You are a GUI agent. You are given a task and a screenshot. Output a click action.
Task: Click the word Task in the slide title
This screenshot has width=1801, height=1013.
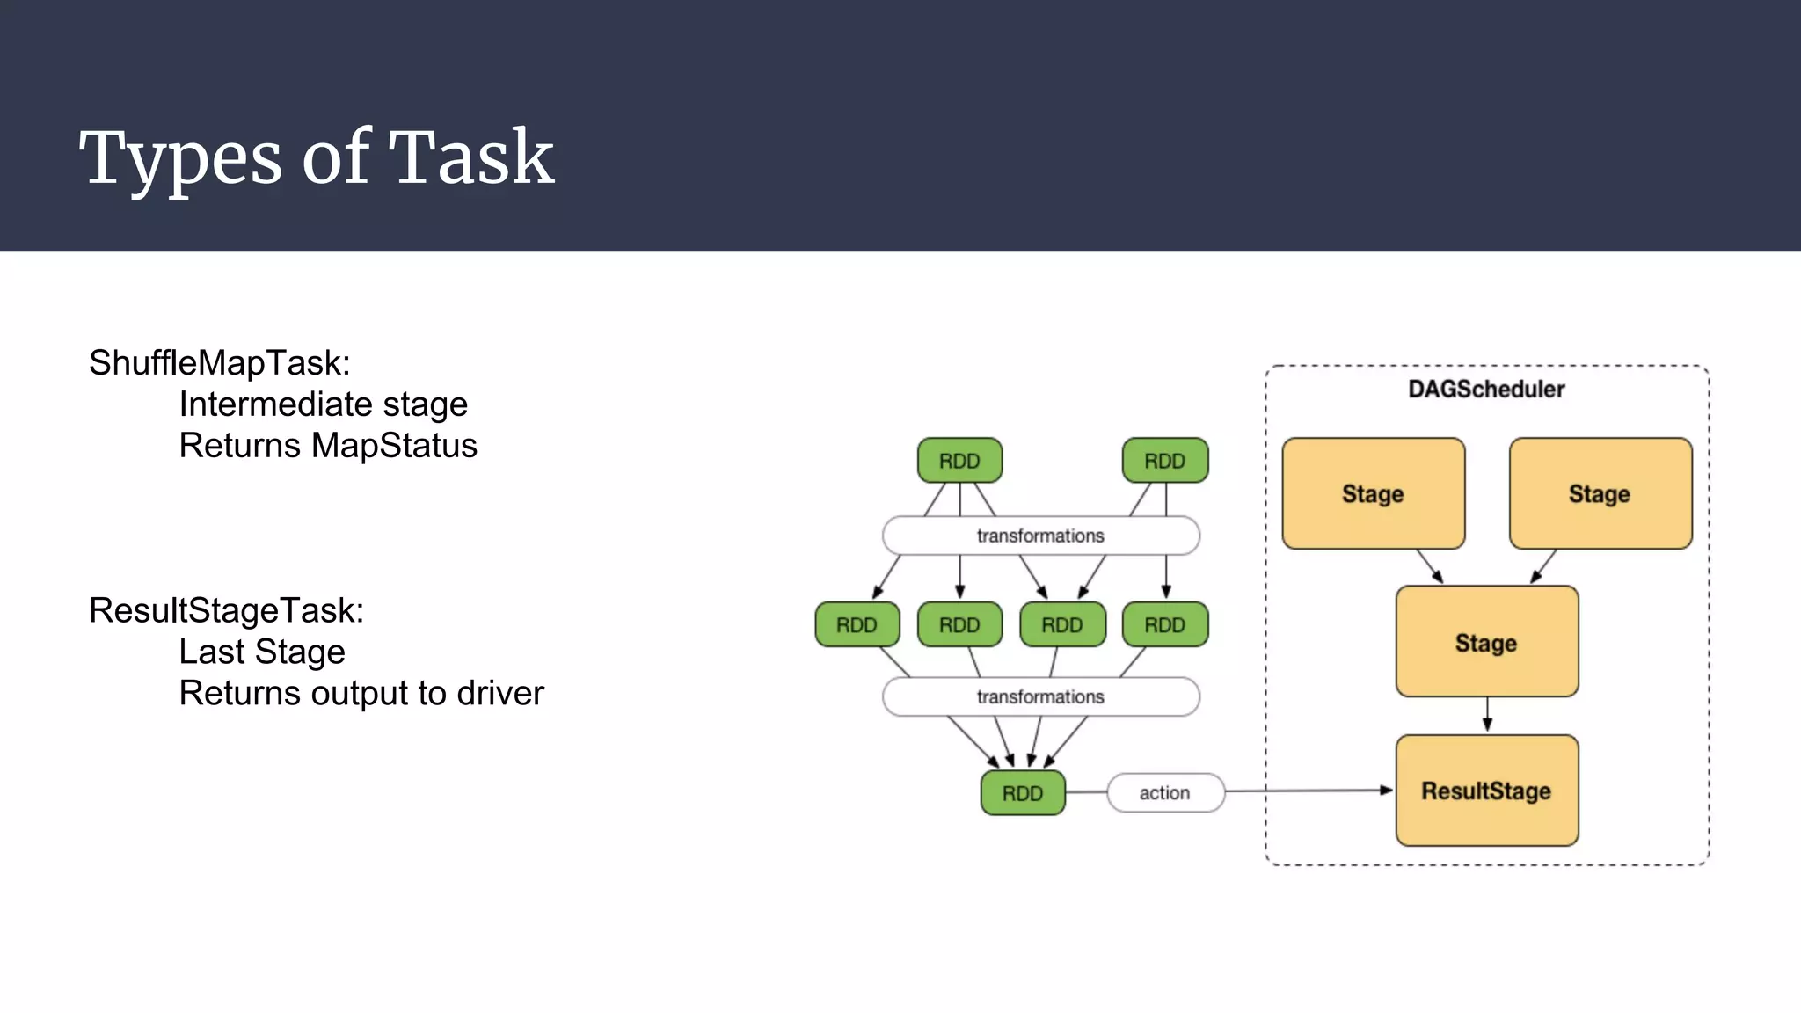[471, 157]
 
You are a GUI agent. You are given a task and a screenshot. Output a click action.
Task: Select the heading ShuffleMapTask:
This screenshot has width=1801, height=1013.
[220, 363]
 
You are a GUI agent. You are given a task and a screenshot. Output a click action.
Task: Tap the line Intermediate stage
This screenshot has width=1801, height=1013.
[323, 404]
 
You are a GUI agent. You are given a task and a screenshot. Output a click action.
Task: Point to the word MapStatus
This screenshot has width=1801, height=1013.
[395, 446]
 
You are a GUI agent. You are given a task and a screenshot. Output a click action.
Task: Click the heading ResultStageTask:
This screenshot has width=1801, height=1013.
[226, 611]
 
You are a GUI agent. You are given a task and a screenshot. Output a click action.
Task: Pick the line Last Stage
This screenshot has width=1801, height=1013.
[262, 652]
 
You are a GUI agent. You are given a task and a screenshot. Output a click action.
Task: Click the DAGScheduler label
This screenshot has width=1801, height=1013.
[1486, 390]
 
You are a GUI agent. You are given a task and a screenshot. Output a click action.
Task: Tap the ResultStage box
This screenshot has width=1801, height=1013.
[1486, 791]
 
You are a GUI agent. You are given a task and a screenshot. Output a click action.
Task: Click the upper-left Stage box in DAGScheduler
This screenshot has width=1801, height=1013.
[1373, 493]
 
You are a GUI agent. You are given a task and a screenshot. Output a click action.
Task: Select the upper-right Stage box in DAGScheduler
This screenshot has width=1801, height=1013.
[1600, 493]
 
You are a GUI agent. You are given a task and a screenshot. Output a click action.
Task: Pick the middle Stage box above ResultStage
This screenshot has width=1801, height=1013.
[1486, 642]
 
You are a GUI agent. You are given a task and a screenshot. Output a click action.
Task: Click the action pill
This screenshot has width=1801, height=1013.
[1164, 793]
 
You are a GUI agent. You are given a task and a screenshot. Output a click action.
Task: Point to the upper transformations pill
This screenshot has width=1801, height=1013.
[1040, 536]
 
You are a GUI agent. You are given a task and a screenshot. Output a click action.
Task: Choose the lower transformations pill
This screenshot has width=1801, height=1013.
[1040, 696]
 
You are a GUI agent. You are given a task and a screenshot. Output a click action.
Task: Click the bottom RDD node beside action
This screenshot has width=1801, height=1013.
[1022, 793]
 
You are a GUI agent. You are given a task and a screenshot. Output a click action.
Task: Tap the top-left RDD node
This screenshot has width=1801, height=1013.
[959, 461]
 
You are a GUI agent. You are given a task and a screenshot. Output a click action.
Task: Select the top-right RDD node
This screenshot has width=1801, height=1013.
[1164, 461]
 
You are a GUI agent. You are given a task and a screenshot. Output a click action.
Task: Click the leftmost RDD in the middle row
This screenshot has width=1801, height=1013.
[857, 625]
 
